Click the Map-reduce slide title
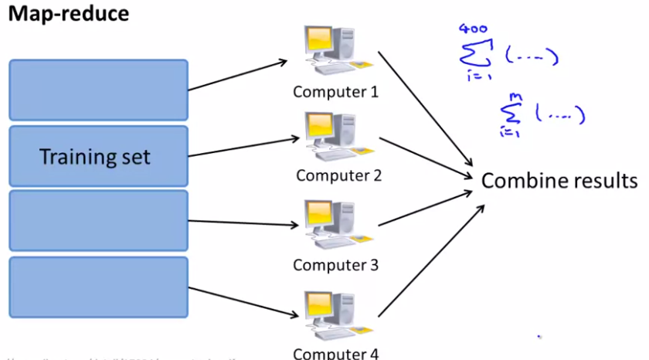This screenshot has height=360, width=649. coord(69,15)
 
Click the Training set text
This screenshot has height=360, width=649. coord(95,158)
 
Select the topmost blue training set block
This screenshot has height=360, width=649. coord(98,90)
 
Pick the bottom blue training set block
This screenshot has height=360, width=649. coord(98,287)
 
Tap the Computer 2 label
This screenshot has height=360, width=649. coord(338,175)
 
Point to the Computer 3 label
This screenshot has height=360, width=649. coord(335,265)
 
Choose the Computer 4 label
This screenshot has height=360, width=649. coord(335,354)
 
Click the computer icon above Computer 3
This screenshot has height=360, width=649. coord(330,225)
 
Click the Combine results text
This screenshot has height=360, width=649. coord(559,181)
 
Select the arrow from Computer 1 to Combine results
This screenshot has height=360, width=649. coord(425,112)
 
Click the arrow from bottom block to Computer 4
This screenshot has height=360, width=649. coord(243,301)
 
